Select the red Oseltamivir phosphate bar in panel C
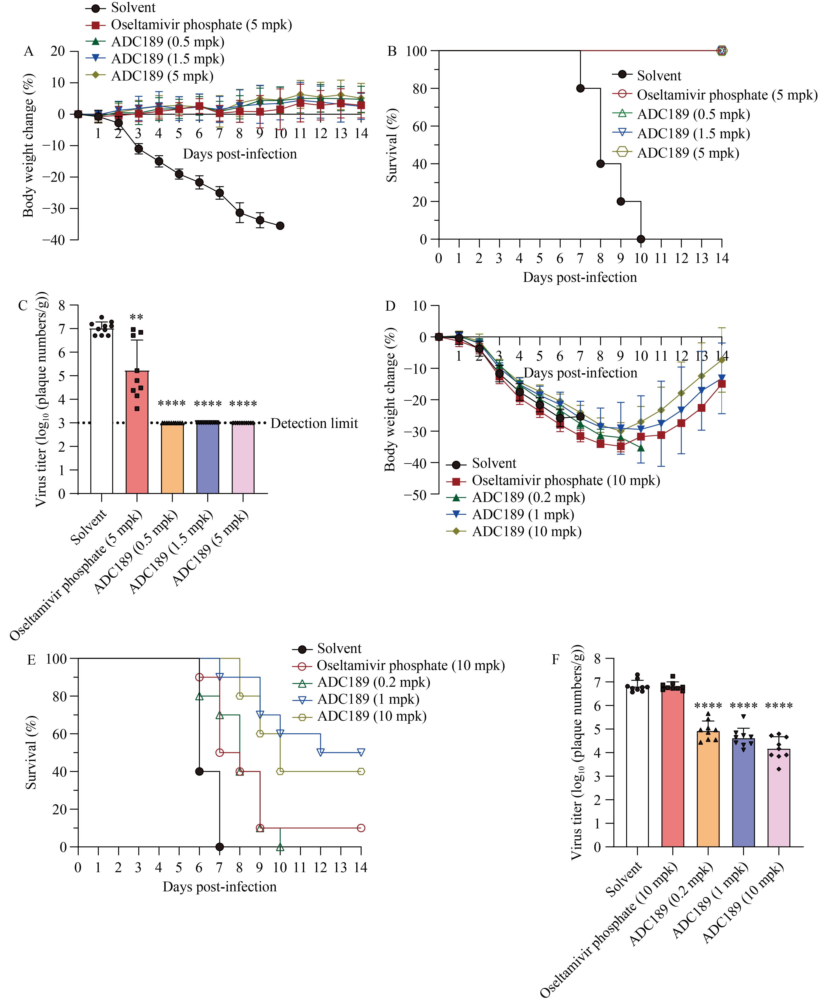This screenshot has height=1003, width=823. (137, 431)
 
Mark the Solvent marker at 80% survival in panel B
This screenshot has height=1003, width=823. (580, 88)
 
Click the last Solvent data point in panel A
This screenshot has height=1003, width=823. (280, 226)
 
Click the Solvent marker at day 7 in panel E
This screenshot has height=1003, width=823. (219, 846)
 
